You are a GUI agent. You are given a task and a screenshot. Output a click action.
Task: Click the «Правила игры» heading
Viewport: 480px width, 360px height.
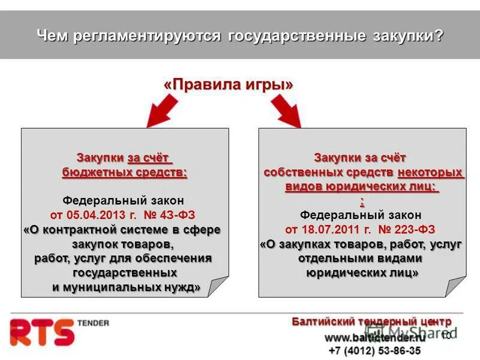(229, 85)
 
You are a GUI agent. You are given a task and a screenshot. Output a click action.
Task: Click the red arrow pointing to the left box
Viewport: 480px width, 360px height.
(163, 111)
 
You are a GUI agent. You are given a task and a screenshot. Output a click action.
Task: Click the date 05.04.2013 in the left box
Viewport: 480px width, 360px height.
(97, 215)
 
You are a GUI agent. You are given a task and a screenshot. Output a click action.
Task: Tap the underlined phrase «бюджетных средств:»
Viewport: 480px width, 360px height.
(125, 173)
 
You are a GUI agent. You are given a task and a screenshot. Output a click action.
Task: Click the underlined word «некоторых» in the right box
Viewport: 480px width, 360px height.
(431, 172)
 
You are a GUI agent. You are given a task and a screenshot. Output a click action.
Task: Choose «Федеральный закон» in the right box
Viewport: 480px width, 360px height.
(361, 215)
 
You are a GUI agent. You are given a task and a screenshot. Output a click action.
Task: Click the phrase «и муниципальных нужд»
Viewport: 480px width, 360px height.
(126, 287)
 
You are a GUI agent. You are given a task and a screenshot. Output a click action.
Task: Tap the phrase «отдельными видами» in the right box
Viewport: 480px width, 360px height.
(360, 259)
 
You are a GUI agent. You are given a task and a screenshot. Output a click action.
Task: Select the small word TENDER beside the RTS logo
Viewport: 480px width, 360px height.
(93, 323)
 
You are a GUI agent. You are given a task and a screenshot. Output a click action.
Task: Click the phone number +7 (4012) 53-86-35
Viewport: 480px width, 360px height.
(374, 350)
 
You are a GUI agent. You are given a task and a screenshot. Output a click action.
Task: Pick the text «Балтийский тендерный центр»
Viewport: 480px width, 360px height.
(371, 322)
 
